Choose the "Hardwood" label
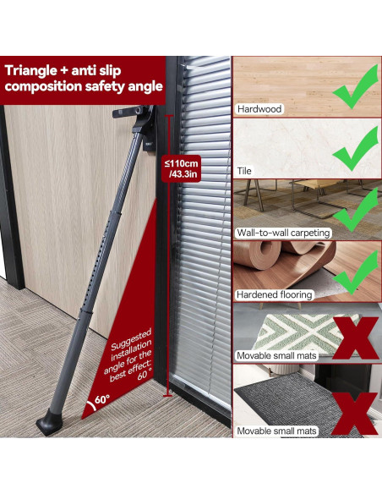point(259,109)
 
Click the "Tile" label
point(247,169)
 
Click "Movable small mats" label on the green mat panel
point(276,357)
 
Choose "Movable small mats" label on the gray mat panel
point(276,431)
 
